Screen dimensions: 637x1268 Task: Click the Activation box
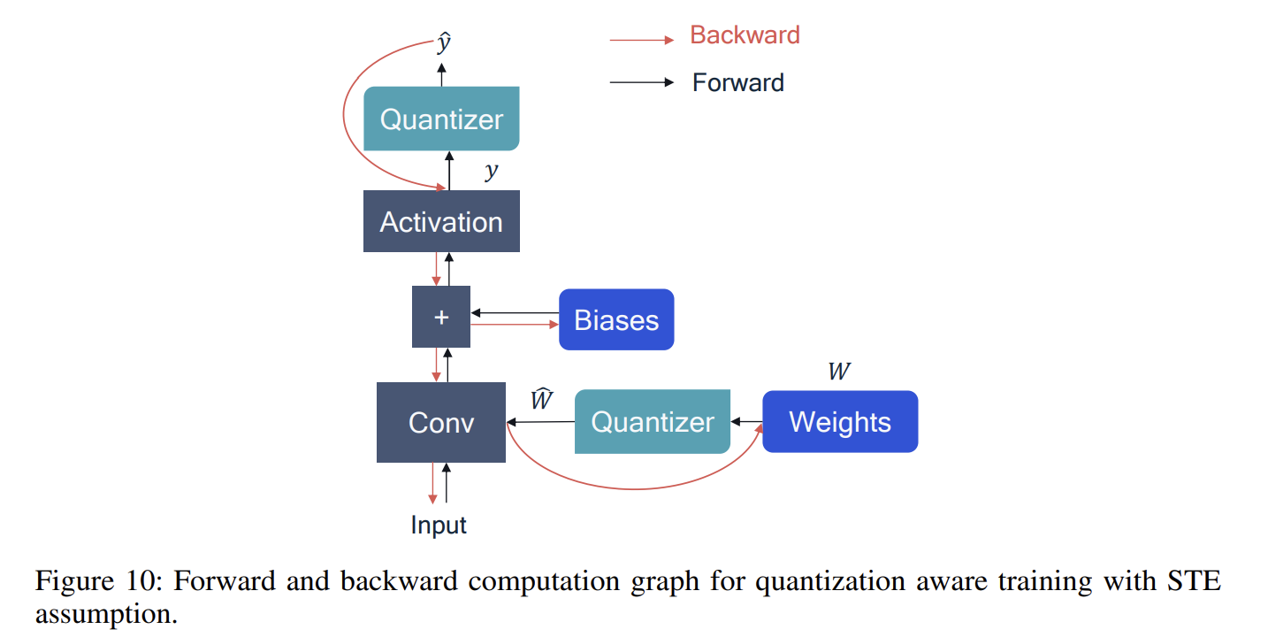441,221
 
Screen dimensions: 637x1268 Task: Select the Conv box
441,422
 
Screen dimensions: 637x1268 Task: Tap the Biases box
616,319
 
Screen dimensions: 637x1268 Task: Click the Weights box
840,422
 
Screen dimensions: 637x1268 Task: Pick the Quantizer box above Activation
441,119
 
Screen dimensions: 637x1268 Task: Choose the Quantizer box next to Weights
653,422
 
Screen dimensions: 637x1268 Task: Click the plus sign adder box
441,317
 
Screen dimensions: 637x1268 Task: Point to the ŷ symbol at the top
444,43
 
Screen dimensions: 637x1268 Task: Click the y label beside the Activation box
492,172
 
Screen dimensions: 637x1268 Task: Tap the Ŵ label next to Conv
541,400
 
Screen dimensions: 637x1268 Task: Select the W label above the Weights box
838,372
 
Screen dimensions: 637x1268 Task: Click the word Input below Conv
439,526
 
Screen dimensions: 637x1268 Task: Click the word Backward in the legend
745,35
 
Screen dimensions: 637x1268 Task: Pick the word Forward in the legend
737,83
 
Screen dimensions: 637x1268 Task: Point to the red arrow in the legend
642,40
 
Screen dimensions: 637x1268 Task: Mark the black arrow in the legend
642,82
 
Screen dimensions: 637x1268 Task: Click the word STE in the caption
1192,582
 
